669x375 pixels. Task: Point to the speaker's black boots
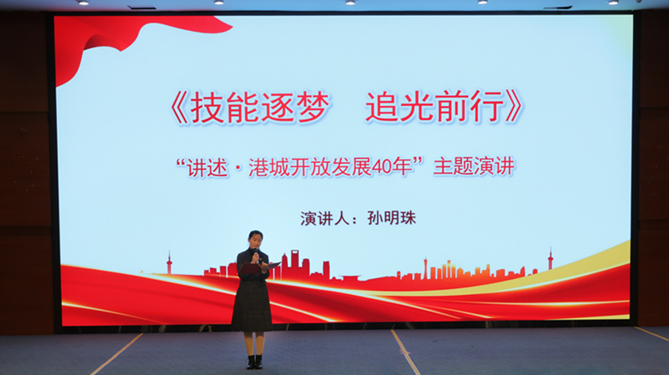point(255,362)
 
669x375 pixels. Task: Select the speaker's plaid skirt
point(252,306)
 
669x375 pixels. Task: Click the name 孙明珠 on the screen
point(392,218)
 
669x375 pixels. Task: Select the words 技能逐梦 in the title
point(259,108)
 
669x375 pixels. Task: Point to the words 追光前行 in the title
point(435,107)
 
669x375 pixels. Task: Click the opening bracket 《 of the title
point(179,108)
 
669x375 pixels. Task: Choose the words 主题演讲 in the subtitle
point(474,166)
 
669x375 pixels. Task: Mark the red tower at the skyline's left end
point(169,262)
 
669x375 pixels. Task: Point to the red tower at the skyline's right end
point(551,258)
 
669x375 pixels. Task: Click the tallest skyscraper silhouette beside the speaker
point(295,264)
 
